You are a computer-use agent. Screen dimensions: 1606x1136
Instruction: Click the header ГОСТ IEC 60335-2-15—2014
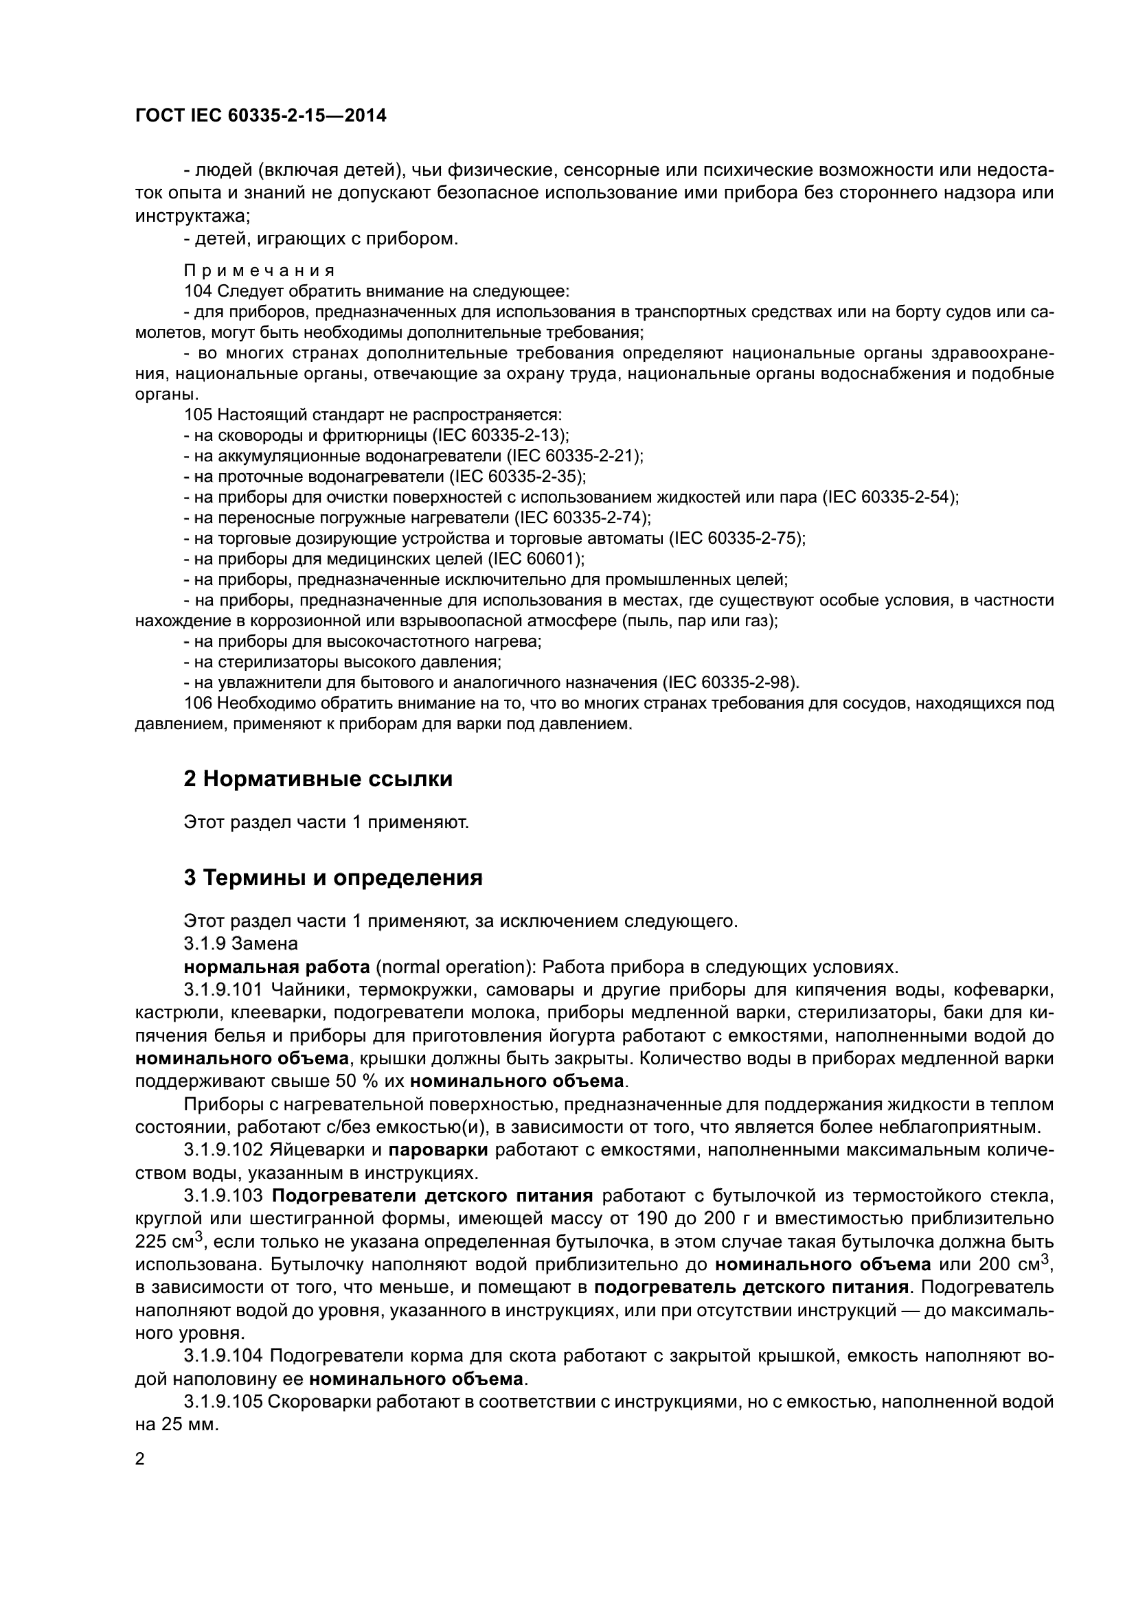click(260, 116)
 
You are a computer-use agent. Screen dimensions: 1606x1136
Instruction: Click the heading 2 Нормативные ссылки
click(318, 779)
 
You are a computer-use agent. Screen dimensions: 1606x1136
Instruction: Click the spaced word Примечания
click(260, 271)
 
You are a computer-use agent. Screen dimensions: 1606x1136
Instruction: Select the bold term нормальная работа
click(277, 967)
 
